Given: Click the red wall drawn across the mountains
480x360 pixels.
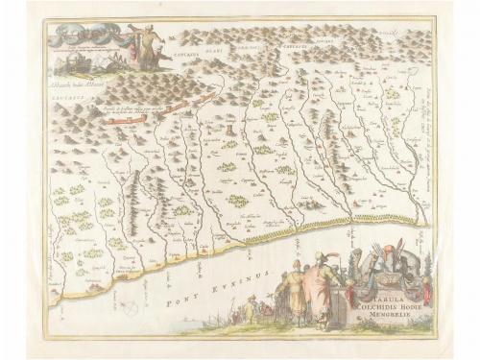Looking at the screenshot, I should tap(134, 118).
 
